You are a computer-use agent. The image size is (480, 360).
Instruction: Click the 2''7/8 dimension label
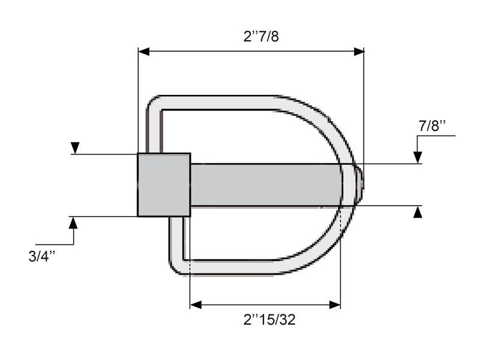point(261,37)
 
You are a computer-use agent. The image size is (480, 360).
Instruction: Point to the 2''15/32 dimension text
point(269,320)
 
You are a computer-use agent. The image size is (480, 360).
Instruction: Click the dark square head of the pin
point(164,185)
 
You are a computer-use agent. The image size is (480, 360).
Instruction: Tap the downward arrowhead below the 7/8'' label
point(418,158)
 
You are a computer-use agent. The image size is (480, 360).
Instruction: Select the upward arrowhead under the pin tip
point(418,211)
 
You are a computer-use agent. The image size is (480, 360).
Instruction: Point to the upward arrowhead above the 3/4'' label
point(74,222)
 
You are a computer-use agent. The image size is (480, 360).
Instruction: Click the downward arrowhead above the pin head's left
point(75,148)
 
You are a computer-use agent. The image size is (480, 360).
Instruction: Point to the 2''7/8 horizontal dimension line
point(252,52)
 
